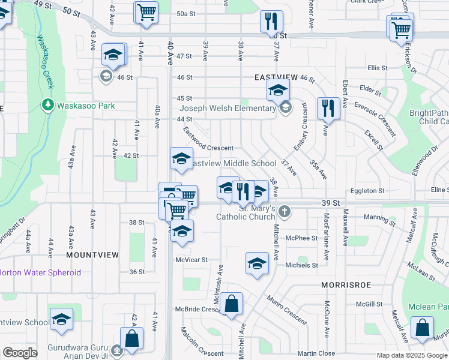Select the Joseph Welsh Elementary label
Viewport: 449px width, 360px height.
pos(228,109)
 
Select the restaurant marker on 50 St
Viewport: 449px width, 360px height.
pos(271,20)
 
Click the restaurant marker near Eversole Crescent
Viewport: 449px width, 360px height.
pos(327,107)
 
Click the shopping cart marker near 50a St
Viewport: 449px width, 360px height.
pos(146,12)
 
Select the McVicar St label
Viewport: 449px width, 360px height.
pos(191,260)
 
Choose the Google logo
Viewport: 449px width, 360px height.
pos(20,353)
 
